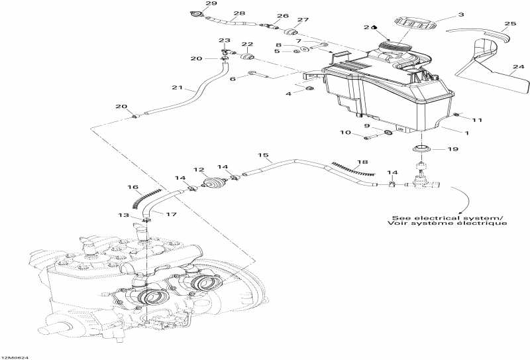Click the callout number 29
coord(193,4)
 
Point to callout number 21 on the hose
coord(176,88)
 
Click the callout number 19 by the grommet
coord(452,150)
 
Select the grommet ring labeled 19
coord(422,147)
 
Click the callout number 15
coord(264,156)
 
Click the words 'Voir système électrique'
coord(447,224)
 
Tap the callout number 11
coord(477,120)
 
